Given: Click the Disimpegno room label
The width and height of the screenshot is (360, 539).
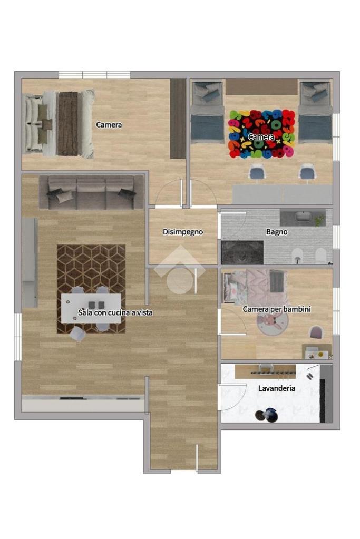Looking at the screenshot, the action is point(182,232).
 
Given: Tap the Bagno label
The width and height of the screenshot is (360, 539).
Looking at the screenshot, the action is point(276,232).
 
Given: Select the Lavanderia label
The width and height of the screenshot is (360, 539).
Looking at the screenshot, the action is point(276,388).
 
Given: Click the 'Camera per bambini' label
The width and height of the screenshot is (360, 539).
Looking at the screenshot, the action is point(276,309).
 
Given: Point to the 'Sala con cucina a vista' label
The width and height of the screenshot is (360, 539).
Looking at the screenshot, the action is point(115,312).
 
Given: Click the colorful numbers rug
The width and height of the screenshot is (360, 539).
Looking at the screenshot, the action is point(262,134).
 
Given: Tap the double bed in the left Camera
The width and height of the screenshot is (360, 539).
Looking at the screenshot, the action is point(59,123).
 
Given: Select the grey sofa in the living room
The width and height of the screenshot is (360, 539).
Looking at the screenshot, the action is point(91,192).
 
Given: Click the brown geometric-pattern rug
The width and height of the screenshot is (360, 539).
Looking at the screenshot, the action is point(91,289).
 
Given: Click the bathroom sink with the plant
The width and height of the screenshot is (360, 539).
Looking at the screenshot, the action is point(303,218).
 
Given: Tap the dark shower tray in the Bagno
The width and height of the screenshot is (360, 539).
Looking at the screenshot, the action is point(242,252).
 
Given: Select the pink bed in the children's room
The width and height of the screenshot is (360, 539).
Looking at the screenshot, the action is point(256,287).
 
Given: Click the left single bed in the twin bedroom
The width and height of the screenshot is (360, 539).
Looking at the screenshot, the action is point(207,112).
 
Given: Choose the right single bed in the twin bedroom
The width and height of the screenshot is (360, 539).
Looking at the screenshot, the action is point(315,112).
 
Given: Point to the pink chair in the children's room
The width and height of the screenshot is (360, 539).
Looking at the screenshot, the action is point(316,332).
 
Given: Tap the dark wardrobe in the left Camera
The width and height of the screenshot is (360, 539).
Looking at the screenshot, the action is point(178,119).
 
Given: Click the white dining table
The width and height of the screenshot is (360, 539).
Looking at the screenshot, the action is point(91,308).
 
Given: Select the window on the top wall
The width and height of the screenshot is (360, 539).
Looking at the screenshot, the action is point(94,75).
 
